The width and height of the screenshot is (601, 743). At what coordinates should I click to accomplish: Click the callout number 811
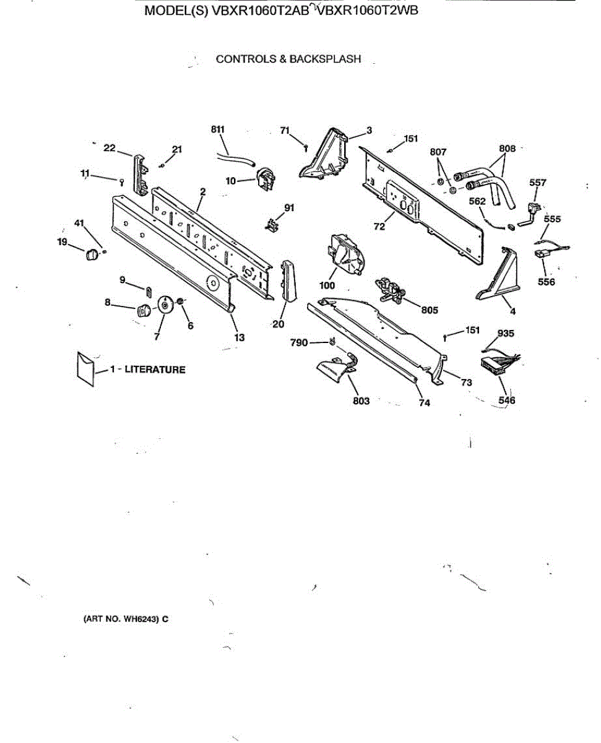pyautogui.click(x=217, y=129)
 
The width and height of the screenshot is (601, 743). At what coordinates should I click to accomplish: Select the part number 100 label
pyautogui.click(x=327, y=285)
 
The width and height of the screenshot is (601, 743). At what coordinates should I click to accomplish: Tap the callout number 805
pyautogui.click(x=430, y=310)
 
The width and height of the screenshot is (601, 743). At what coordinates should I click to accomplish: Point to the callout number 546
pyautogui.click(x=507, y=401)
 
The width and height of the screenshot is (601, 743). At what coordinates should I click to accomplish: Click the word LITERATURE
pyautogui.click(x=155, y=370)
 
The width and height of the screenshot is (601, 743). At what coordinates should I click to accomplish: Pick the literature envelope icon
pyautogui.click(x=85, y=368)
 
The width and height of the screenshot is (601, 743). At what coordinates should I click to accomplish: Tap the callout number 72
pyautogui.click(x=379, y=227)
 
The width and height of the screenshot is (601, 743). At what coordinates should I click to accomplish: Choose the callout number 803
pyautogui.click(x=361, y=401)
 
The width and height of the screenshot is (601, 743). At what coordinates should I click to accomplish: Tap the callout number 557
pyautogui.click(x=538, y=183)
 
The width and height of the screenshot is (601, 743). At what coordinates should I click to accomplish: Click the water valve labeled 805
pyautogui.click(x=390, y=291)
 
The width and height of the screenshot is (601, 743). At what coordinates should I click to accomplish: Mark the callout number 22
pyautogui.click(x=110, y=147)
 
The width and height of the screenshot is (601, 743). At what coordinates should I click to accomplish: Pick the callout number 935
pyautogui.click(x=506, y=334)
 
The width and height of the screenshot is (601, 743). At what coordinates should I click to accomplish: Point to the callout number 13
pyautogui.click(x=240, y=337)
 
